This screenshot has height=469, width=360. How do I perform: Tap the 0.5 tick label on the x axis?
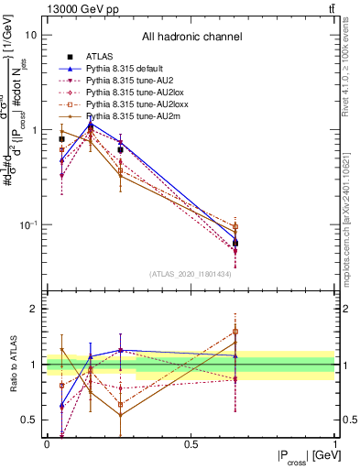[191, 444]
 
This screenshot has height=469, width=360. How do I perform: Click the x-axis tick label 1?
[335, 444]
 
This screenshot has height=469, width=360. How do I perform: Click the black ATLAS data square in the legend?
[61, 57]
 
